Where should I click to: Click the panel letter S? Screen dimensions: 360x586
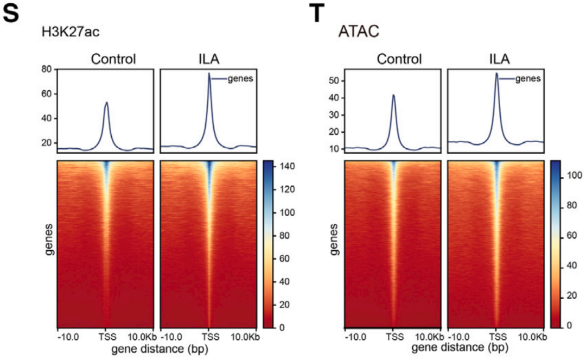pos(11,13)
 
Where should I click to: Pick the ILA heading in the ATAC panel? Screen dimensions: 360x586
pos(495,59)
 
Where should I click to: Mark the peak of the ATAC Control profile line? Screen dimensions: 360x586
pos(393,95)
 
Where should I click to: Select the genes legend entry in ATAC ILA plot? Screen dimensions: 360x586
pos(528,79)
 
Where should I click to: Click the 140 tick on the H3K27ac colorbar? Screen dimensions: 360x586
pos(287,167)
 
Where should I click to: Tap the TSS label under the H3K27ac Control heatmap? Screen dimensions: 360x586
pos(106,337)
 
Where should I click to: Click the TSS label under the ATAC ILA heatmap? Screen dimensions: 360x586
pos(495,337)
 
